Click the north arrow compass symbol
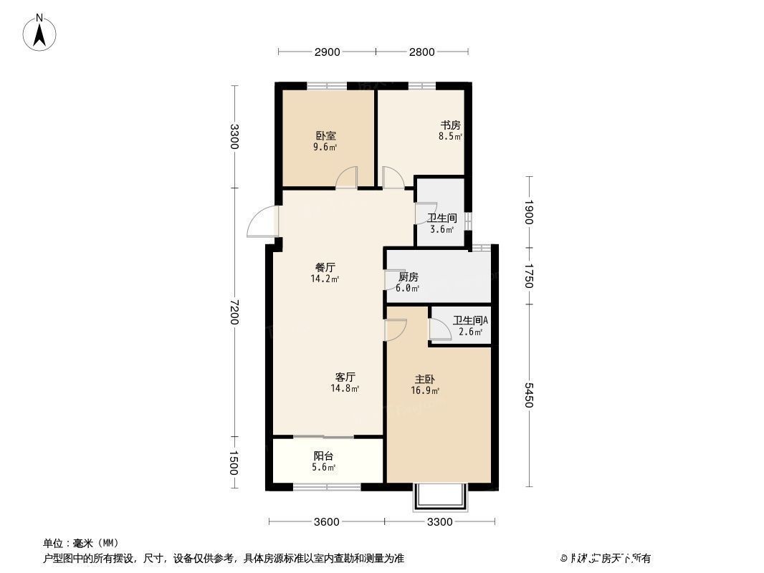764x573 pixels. (x=41, y=32)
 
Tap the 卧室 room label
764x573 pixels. (x=325, y=135)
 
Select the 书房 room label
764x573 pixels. (x=450, y=125)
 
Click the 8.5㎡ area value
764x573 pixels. (x=450, y=136)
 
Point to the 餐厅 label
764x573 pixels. (x=325, y=267)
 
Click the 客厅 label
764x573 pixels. (x=345, y=377)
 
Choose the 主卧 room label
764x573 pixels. (x=425, y=379)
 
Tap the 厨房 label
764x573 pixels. (x=408, y=277)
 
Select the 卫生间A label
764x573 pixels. (x=470, y=321)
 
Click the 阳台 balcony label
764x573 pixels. (x=323, y=456)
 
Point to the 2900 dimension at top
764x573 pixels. (x=327, y=52)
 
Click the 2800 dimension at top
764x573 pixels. (x=422, y=52)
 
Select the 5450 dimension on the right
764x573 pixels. (x=529, y=395)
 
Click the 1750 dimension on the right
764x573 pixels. (x=529, y=276)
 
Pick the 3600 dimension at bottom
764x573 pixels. (x=326, y=521)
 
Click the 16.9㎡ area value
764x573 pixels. (x=425, y=391)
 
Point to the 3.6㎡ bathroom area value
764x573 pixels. (x=441, y=230)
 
